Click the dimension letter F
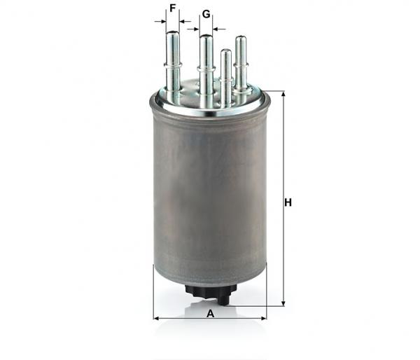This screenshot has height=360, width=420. pos(173,8)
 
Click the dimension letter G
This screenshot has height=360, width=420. pos(206,14)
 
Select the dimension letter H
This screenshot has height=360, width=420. pos(288,202)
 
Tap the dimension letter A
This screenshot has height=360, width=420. pos(211,313)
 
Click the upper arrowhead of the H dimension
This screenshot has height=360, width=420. pos(283,94)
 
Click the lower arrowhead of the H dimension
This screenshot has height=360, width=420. pos(283,303)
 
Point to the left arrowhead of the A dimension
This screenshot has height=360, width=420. pos(156,318)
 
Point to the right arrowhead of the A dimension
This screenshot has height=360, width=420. pos(264,318)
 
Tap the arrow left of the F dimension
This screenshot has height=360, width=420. pos(160,21)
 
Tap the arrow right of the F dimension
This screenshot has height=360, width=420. pos(185,21)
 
